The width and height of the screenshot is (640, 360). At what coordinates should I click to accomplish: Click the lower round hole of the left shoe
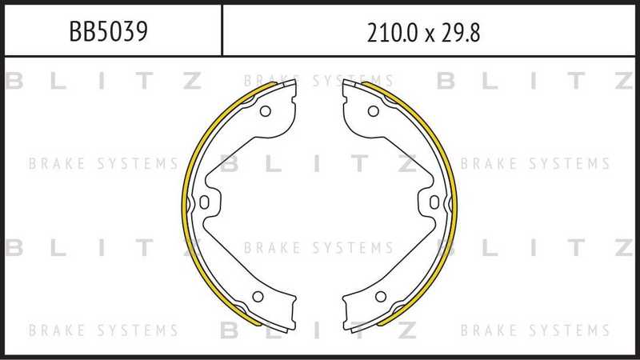[257, 297]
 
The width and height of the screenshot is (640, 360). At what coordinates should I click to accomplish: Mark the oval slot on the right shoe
[433, 202]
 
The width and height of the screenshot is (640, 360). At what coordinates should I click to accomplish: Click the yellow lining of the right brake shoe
[450, 200]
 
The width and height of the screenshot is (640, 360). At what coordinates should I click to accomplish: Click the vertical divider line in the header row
[222, 30]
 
